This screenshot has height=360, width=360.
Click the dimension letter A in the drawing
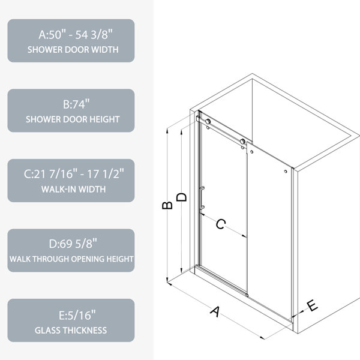click(215, 311)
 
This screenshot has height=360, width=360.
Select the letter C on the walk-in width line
click(221, 224)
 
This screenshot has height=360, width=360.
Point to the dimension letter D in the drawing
click(181, 197)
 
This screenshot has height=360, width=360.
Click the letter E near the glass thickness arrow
click(312, 305)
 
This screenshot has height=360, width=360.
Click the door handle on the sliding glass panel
click(202, 198)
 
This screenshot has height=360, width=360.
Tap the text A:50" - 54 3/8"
click(76, 35)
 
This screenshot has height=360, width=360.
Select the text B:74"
click(76, 104)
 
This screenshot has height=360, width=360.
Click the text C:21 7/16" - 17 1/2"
click(74, 174)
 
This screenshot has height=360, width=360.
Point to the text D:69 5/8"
click(73, 244)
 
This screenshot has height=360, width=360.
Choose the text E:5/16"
click(77, 315)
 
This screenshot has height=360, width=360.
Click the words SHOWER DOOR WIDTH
click(73, 50)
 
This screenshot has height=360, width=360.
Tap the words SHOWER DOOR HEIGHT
click(73, 119)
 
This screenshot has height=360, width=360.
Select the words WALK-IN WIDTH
click(73, 189)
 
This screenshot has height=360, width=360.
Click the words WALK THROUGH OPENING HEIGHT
click(71, 259)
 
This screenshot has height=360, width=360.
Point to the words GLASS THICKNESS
click(71, 331)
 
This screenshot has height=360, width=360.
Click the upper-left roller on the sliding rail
click(208, 121)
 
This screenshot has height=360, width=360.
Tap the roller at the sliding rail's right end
click(242, 142)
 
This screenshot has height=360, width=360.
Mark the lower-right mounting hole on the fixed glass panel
click(286, 171)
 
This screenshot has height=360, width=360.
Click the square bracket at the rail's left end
click(198, 118)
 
